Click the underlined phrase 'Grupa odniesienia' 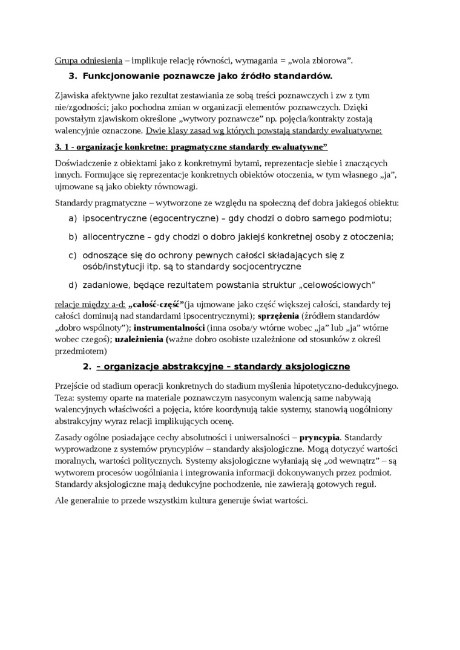pos(88,60)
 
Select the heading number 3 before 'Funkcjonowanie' pos(73,76)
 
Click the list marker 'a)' pos(73,218)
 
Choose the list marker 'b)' pos(73,237)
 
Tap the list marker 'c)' pos(73,256)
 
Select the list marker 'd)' pos(73,285)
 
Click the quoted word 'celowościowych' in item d pos(340,285)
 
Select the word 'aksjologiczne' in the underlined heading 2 pos(320,367)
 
